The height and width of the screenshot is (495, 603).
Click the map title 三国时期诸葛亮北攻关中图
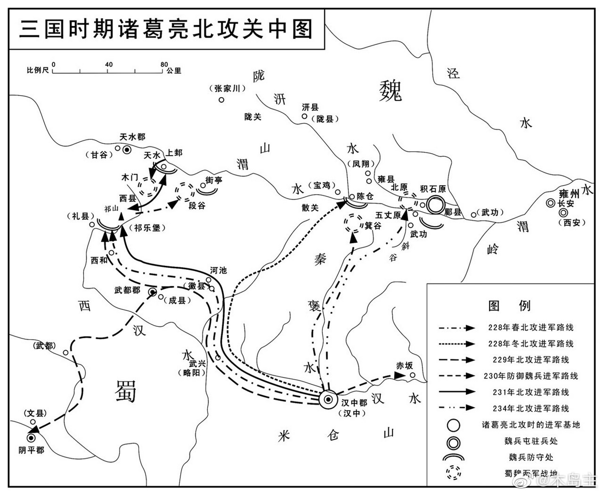[165, 29]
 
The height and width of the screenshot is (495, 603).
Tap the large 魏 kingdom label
[390, 91]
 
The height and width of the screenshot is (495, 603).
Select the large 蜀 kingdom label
[126, 391]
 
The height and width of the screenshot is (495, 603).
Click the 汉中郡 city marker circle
[328, 400]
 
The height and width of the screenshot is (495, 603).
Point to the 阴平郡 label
[31, 450]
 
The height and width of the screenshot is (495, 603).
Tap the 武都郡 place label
[127, 290]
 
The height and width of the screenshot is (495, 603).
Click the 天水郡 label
[132, 137]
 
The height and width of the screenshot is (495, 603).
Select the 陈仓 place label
[365, 196]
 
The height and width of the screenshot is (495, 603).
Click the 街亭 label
[214, 180]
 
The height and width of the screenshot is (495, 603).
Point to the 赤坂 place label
[404, 365]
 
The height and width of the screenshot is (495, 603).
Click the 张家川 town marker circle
[221, 100]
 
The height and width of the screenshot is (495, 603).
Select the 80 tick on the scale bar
[164, 65]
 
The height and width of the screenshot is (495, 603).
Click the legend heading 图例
[509, 306]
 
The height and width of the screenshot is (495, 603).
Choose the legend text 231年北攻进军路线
[531, 392]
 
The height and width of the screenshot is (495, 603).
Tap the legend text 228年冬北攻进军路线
[531, 344]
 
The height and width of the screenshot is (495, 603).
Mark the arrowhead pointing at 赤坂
[399, 375]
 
